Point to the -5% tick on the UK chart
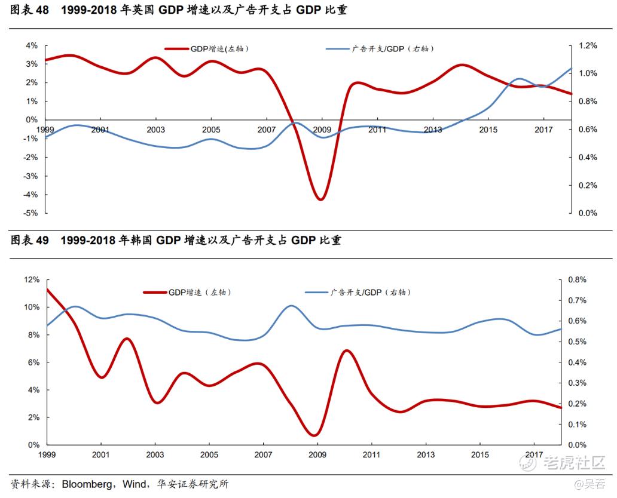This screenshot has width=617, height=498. [31, 213]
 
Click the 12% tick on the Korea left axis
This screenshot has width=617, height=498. [31, 279]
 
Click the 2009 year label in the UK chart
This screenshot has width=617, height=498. [322, 130]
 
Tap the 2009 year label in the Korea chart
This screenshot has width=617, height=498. [317, 456]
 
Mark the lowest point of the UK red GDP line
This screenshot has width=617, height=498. [320, 199]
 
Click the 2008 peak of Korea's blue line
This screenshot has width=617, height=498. [291, 306]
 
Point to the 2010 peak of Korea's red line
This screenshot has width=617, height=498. [346, 351]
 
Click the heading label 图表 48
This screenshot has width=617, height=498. [29, 10]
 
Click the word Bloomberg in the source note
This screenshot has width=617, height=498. [89, 484]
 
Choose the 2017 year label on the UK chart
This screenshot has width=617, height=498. [543, 130]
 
